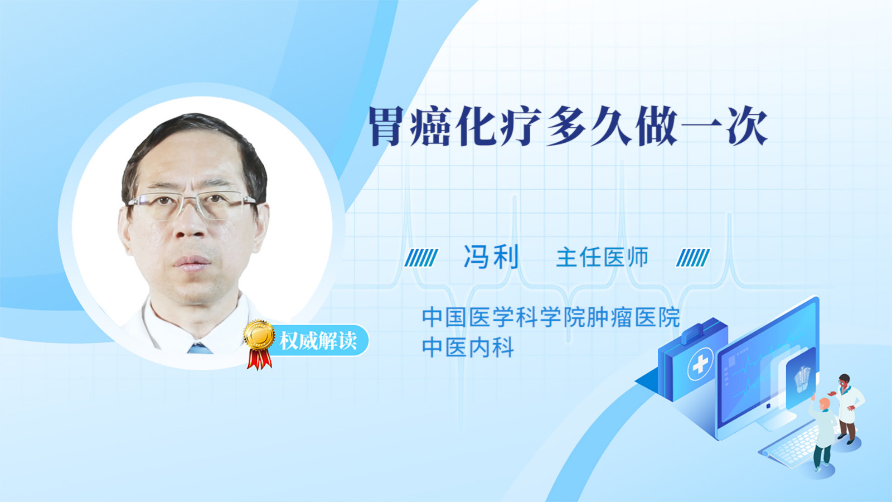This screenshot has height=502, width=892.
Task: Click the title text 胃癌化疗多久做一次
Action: tap(568, 126)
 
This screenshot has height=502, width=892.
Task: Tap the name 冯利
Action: tap(491, 257)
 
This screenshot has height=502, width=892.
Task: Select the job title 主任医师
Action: tap(602, 257)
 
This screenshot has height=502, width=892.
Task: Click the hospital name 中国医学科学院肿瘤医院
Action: tap(551, 317)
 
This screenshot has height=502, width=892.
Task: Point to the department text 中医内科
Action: tap(468, 346)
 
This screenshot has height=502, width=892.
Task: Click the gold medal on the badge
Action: tap(260, 335)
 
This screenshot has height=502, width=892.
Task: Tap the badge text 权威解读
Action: tap(318, 341)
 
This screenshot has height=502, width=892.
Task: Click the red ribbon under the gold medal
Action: tap(259, 359)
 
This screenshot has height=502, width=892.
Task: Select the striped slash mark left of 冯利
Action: tap(421, 258)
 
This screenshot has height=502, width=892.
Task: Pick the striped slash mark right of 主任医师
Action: tap(693, 258)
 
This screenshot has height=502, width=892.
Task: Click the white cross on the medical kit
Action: tap(700, 363)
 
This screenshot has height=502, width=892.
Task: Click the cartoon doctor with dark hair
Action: tap(847, 408)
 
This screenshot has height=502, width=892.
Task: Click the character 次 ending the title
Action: tap(748, 126)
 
